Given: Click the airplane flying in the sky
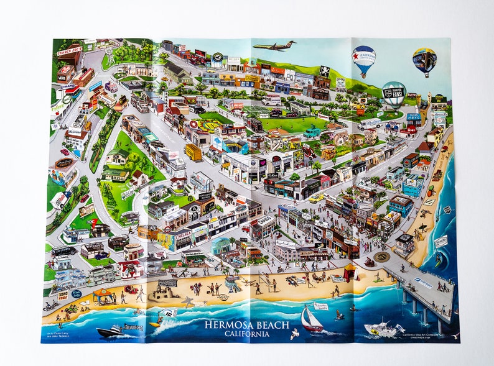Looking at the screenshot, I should click(x=274, y=45).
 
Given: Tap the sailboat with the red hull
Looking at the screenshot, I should click(x=311, y=321).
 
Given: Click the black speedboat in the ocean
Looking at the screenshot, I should click(x=111, y=331).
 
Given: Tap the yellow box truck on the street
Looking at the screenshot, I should click(x=193, y=152).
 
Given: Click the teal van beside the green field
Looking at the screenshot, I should click(x=312, y=132).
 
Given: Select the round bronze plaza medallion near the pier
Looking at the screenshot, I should click(x=381, y=257).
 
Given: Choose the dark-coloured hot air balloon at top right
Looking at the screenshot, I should click(x=424, y=60).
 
